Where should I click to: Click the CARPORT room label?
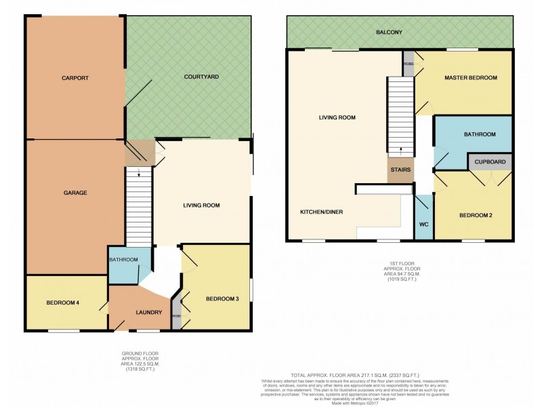point(75,78)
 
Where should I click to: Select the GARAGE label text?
point(75,193)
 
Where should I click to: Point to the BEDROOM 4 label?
point(64,302)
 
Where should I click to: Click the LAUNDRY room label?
point(148,312)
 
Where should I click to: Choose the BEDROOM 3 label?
point(222,298)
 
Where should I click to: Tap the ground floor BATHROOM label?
point(124,260)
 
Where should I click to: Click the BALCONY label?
point(399,32)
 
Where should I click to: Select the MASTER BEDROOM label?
point(471,78)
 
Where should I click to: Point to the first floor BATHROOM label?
point(480,135)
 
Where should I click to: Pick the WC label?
point(423,224)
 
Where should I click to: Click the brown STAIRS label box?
point(400,170)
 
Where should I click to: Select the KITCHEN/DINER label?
point(322,212)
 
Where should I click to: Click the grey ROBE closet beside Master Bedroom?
point(409,63)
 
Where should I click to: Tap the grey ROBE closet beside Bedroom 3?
point(178,315)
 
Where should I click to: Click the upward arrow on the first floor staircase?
point(400,151)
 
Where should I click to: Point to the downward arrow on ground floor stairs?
point(139,174)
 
